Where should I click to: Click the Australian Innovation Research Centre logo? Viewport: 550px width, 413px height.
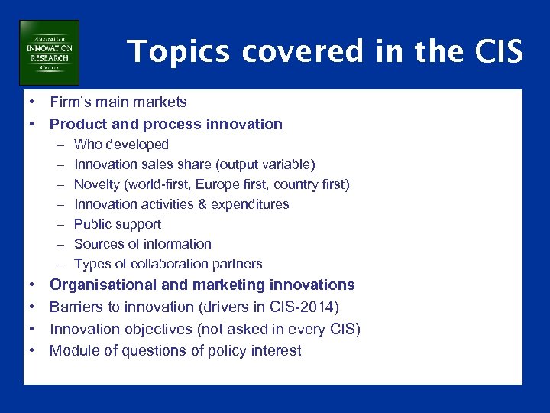(49, 53)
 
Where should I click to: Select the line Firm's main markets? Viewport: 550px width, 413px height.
(118, 102)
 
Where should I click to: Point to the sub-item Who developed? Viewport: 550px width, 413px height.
(121, 145)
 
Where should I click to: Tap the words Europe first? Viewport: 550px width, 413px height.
(229, 184)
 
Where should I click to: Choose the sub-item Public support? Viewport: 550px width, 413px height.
(117, 224)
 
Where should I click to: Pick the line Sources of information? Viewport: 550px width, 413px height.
(142, 244)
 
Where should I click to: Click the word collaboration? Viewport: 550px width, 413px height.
(163, 264)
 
